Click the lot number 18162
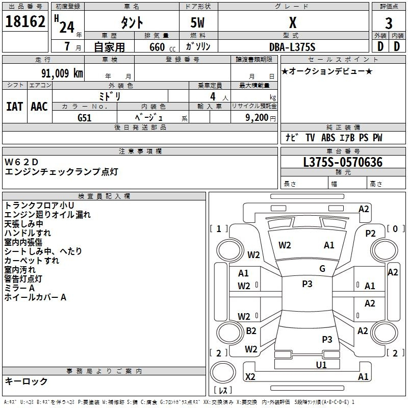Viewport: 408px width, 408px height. point(25,21)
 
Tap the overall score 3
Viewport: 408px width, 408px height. point(389,23)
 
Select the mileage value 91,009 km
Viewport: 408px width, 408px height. point(62,73)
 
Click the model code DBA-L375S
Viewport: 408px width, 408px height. point(292,47)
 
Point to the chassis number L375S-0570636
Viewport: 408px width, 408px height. point(343,162)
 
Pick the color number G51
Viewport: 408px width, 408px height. point(85,118)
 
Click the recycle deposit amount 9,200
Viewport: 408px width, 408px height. point(257,118)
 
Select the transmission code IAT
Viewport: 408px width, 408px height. point(14,107)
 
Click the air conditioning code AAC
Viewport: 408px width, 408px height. point(39,107)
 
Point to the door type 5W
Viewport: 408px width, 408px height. point(197,22)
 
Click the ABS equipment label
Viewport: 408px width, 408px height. point(328,138)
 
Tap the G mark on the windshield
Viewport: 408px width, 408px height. point(322,269)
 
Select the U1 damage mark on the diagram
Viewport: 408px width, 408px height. point(321,365)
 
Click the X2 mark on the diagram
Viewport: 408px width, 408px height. point(250,376)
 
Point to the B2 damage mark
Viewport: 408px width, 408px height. point(251,330)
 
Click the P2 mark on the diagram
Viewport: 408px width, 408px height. point(370,234)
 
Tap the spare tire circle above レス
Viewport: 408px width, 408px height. point(223,372)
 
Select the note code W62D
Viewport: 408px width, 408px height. point(21,162)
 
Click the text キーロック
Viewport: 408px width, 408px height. point(26,381)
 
